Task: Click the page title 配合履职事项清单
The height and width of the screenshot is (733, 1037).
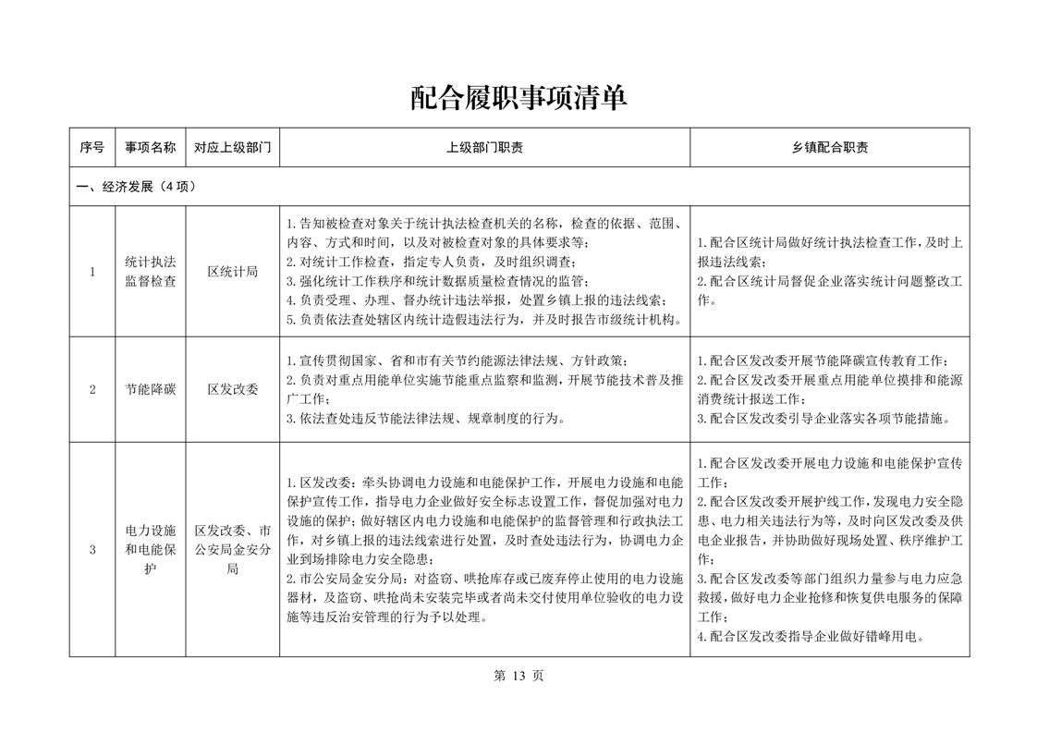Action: point(518,98)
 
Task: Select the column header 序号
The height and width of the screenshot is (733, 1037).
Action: point(91,147)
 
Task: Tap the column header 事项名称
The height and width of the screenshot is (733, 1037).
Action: point(150,147)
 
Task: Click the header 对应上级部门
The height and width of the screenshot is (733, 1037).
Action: point(232,147)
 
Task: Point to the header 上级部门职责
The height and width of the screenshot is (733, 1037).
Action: point(484,147)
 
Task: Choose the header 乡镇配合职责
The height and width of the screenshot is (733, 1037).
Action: point(829,147)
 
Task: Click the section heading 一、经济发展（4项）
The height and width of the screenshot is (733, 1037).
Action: point(136,186)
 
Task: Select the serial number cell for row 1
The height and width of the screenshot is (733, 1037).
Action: point(91,272)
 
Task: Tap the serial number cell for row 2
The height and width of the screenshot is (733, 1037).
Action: point(91,389)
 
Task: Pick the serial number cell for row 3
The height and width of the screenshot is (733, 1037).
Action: point(91,550)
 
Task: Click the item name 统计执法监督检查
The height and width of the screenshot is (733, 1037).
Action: point(150,272)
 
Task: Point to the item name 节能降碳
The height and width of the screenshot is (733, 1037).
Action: point(150,389)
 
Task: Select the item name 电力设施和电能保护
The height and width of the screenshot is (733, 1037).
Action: point(150,550)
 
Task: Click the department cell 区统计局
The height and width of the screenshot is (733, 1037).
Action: point(232,272)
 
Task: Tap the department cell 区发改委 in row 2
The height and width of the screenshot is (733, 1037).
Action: point(232,389)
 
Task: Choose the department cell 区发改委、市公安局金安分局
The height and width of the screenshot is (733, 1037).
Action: point(232,550)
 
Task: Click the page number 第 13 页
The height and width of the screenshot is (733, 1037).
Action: point(518,676)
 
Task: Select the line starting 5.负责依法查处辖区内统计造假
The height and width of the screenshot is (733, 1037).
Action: point(484,321)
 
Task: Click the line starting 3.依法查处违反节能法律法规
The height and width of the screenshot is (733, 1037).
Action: point(425,418)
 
